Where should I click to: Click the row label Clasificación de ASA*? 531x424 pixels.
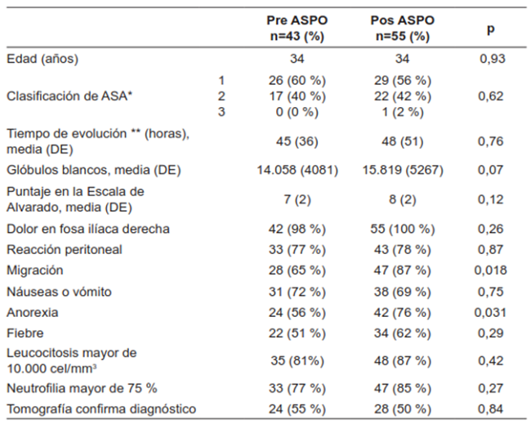70,96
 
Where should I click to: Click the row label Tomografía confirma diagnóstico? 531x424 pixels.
101,408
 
